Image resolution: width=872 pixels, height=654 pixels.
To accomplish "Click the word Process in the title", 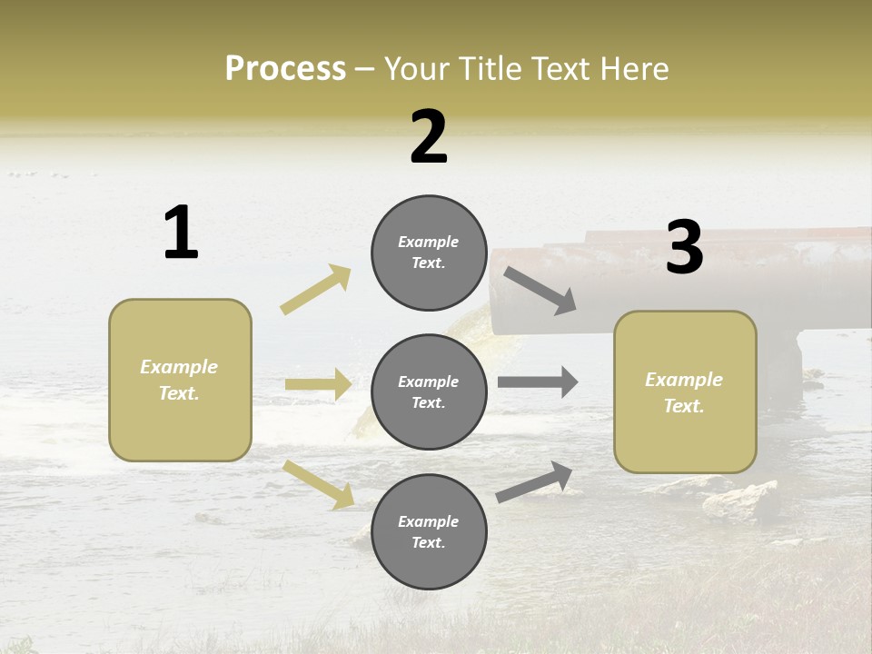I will coord(285,69).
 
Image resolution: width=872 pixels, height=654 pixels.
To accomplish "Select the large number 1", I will coord(181,233).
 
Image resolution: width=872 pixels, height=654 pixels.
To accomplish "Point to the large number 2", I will coord(429,137).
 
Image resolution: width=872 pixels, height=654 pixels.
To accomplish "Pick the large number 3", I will coord(685,248).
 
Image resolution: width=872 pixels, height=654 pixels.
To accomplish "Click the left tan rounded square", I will coord(180,380).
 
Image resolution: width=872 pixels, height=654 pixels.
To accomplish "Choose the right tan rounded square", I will coord(685,392).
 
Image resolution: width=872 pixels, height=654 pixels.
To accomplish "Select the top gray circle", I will coord(429,253).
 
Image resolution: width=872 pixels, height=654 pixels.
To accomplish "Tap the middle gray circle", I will coord(429,392).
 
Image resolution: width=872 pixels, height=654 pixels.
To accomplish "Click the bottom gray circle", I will coord(429,532).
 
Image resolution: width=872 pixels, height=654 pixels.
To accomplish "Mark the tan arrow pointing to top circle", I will coord(315,290).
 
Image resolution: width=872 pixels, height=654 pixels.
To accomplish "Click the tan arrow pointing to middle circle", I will coord(318,384).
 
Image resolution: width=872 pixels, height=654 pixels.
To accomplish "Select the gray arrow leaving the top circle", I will coord(540,291).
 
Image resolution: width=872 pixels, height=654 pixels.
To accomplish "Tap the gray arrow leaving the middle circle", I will coord(538,381).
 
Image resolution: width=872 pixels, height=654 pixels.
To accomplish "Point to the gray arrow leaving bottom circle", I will coord(534,482).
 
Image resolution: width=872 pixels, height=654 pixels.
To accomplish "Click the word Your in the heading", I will coord(418,69).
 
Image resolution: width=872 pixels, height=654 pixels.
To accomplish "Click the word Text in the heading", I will coord(560,69).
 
